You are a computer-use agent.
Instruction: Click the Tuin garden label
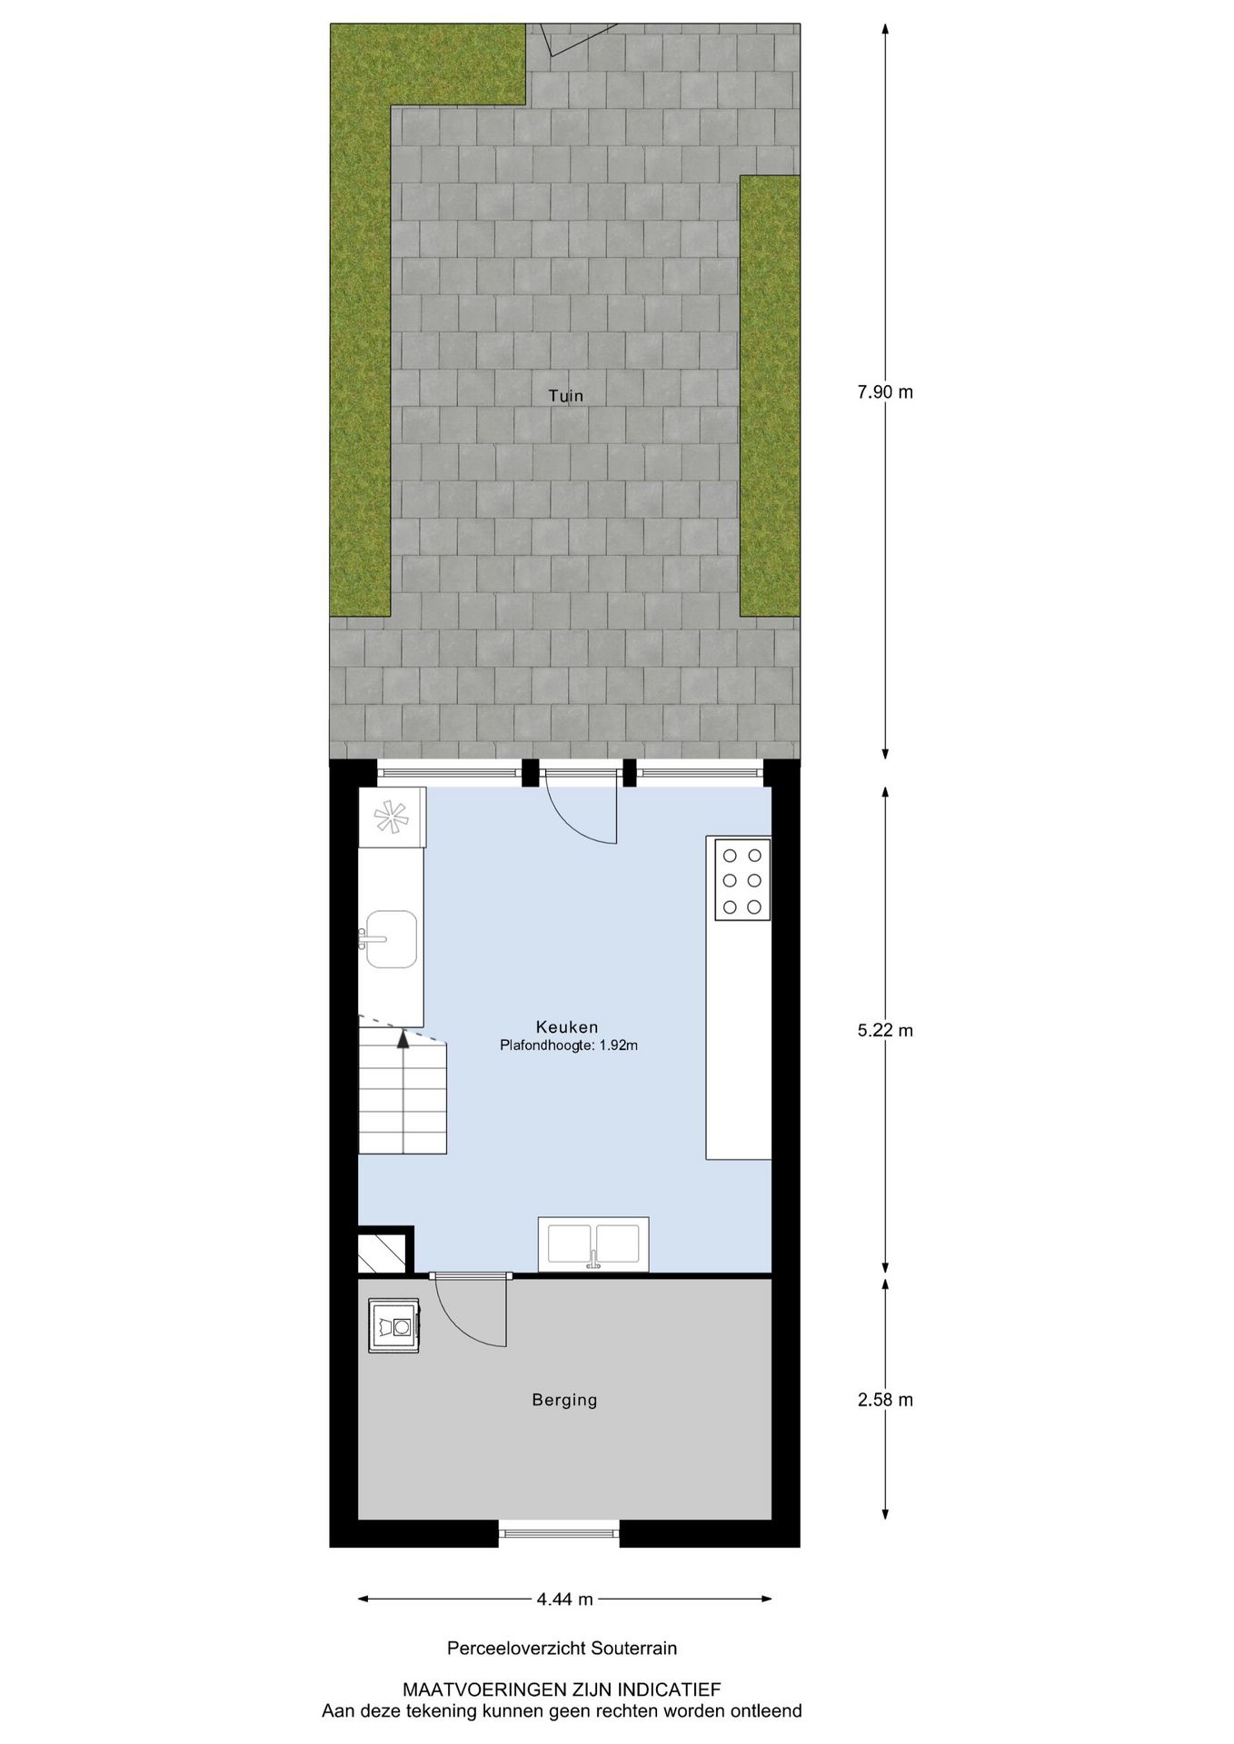pyautogui.click(x=565, y=396)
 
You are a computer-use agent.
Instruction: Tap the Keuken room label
pyautogui.click(x=567, y=1027)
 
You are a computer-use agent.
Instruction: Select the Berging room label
pyautogui.click(x=564, y=1400)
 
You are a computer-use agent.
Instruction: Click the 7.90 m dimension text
pyautogui.click(x=885, y=392)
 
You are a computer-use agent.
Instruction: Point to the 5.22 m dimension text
pyautogui.click(x=885, y=1030)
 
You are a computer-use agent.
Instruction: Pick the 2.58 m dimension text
pyautogui.click(x=885, y=1400)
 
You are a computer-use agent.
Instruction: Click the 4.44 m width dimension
pyautogui.click(x=564, y=1600)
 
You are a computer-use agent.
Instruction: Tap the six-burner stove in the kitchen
pyautogui.click(x=741, y=879)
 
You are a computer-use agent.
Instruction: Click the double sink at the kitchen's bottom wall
pyautogui.click(x=593, y=1244)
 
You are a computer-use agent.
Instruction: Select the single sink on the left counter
pyautogui.click(x=392, y=938)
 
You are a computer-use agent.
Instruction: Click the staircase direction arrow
pyautogui.click(x=403, y=1041)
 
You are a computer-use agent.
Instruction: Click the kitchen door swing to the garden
pyautogui.click(x=582, y=808)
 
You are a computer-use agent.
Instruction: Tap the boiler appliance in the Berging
pyautogui.click(x=393, y=1326)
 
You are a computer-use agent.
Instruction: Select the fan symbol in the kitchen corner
pyautogui.click(x=391, y=817)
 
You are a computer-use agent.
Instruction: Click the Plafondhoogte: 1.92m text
pyautogui.click(x=569, y=1045)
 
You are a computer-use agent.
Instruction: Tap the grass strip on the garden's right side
pyautogui.click(x=769, y=395)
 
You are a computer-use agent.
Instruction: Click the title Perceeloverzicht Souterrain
pyautogui.click(x=562, y=1648)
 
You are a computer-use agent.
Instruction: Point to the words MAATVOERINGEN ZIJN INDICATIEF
pyautogui.click(x=562, y=1689)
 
